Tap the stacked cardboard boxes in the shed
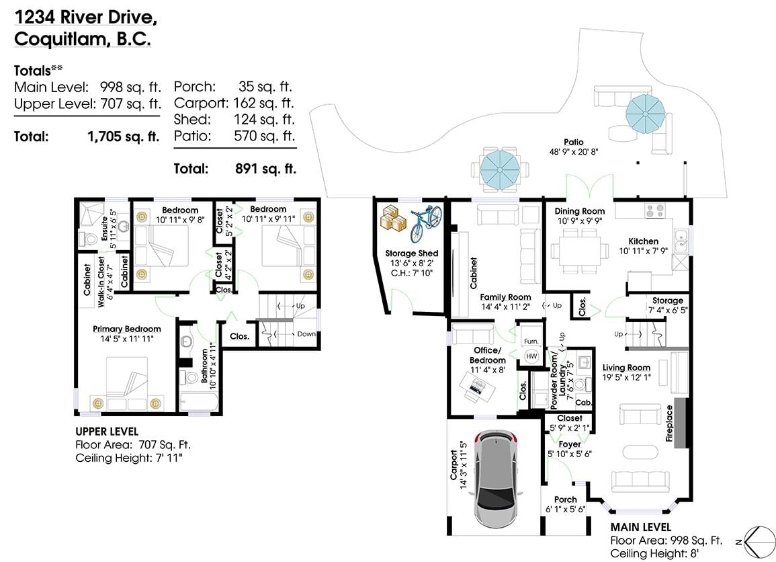point(393,217)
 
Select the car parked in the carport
point(496,478)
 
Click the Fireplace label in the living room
point(669,424)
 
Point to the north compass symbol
point(760,541)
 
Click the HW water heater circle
point(531,356)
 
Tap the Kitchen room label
point(644,241)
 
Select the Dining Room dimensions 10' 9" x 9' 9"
point(580,221)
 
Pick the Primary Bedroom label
point(127,329)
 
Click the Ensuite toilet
point(89,239)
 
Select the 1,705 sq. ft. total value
point(124,136)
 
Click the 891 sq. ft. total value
point(266,169)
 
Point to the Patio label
point(574,142)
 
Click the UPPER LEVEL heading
point(107,432)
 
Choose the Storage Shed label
point(412,253)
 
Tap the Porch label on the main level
point(566,499)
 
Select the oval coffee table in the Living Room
point(641,452)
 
